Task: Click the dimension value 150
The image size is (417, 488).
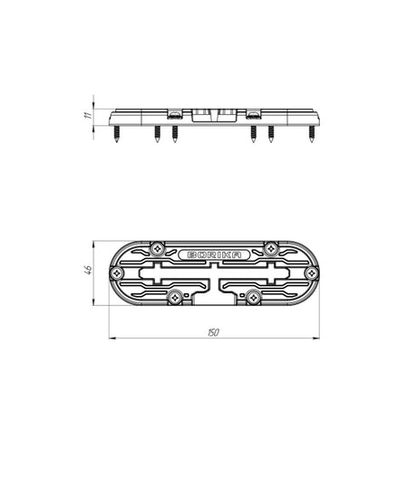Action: point(213,332)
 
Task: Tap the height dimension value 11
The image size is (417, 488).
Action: point(84,116)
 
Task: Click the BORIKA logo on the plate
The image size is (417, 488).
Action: point(214,254)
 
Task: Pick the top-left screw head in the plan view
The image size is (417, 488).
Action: point(158,248)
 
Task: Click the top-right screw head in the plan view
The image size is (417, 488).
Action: point(270,248)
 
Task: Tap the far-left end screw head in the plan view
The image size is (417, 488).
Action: point(116,273)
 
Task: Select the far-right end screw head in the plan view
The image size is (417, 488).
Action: point(312,273)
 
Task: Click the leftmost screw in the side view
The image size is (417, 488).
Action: point(117,134)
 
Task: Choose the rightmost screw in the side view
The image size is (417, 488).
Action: point(311,134)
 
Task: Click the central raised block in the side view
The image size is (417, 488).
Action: point(214,115)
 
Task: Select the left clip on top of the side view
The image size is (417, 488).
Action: point(175,113)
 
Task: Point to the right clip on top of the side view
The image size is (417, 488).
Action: point(253,113)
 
